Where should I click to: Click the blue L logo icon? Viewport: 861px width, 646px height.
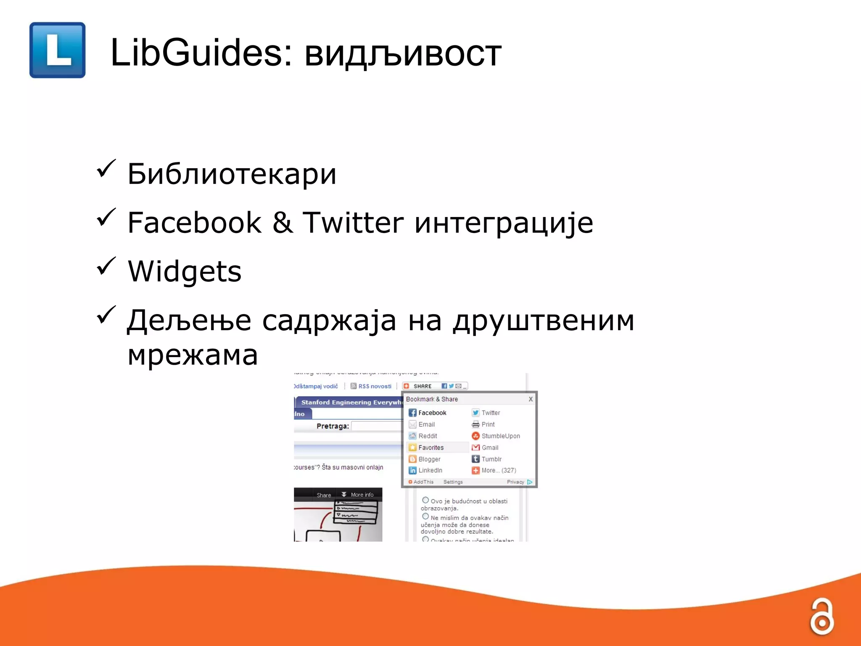[58, 50]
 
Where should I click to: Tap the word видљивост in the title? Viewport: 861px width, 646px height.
[403, 55]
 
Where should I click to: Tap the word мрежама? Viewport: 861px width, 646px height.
[193, 355]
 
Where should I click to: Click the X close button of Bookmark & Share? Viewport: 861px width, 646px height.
[531, 399]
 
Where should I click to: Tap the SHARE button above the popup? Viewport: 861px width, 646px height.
[422, 386]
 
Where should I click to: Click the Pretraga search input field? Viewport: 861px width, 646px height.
[377, 426]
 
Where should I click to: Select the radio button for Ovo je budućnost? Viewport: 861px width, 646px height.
[425, 500]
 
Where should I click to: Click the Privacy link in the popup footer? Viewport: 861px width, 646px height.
[515, 482]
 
